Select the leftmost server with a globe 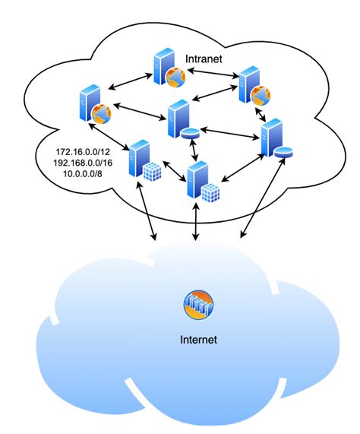(x=87, y=106)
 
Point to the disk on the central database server (x=191, y=133)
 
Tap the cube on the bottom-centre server (x=211, y=192)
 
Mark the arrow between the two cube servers (x=172, y=172)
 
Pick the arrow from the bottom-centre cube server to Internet (x=197, y=223)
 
